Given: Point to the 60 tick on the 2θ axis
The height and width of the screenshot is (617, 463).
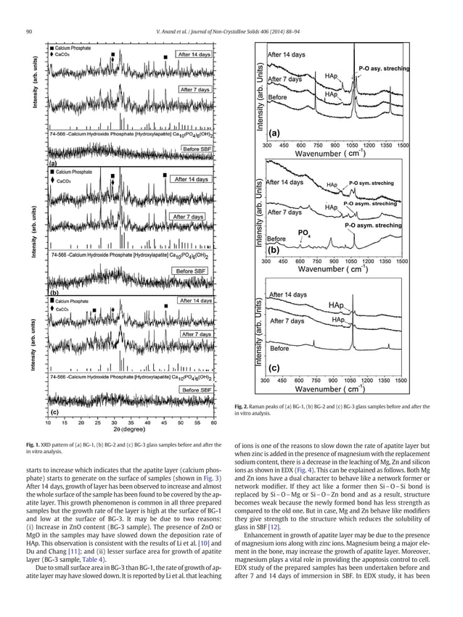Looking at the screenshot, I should [x=214, y=421].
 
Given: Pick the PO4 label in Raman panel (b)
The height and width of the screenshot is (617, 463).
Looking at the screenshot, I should [x=305, y=232].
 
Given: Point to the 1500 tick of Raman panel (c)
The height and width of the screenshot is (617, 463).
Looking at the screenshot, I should [x=401, y=379].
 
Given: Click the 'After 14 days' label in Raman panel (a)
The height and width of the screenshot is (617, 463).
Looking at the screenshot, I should [x=287, y=54].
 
